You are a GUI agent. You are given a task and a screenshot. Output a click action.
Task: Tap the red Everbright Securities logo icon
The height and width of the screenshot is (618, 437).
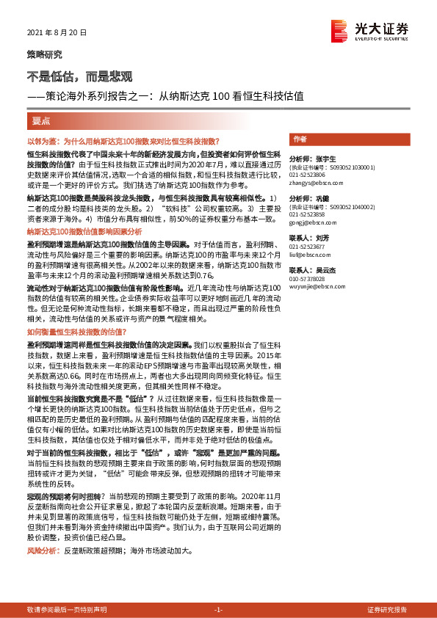tap(339, 29)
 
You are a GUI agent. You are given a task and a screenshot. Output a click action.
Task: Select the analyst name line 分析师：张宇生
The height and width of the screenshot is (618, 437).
tap(312, 159)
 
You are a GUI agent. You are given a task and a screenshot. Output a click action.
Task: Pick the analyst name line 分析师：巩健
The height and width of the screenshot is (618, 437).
tap(308, 199)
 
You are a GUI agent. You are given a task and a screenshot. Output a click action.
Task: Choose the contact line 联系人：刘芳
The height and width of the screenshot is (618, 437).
tap(308, 239)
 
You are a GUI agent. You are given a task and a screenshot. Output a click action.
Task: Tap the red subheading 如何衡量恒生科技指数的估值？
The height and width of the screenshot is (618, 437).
tap(77, 311)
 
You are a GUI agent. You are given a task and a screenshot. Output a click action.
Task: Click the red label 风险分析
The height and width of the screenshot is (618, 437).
tap(42, 550)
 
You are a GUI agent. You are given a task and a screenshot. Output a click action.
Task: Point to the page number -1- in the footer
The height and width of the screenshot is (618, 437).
tap(217, 610)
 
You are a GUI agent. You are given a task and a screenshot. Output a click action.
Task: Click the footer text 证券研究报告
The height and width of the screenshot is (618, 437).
tap(386, 610)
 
